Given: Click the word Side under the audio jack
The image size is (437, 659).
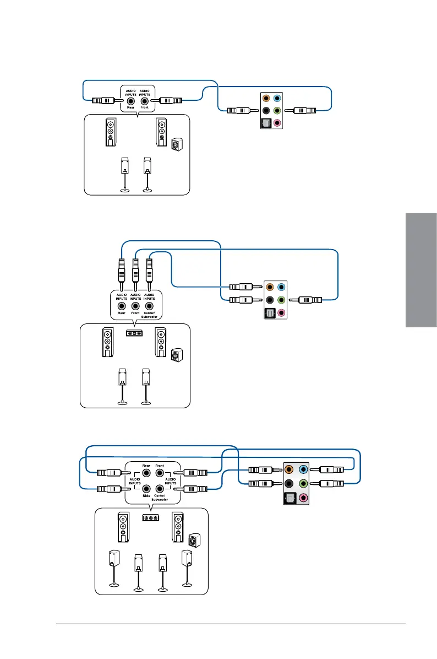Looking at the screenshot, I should pyautogui.click(x=146, y=496).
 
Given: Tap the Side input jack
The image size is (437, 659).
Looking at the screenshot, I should pyautogui.click(x=146, y=488).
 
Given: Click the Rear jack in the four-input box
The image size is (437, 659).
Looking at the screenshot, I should pyautogui.click(x=146, y=472).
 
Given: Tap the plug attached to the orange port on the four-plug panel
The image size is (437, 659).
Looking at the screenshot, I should pyautogui.click(x=261, y=470).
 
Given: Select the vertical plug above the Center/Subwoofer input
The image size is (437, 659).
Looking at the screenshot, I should pyautogui.click(x=149, y=271).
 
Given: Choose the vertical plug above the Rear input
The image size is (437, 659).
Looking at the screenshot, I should pyautogui.click(x=121, y=271).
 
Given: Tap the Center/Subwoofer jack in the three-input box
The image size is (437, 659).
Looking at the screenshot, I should pyautogui.click(x=149, y=306).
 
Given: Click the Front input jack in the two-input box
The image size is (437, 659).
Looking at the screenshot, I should pyautogui.click(x=145, y=101).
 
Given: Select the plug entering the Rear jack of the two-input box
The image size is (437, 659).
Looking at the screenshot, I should pyautogui.click(x=103, y=101).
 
